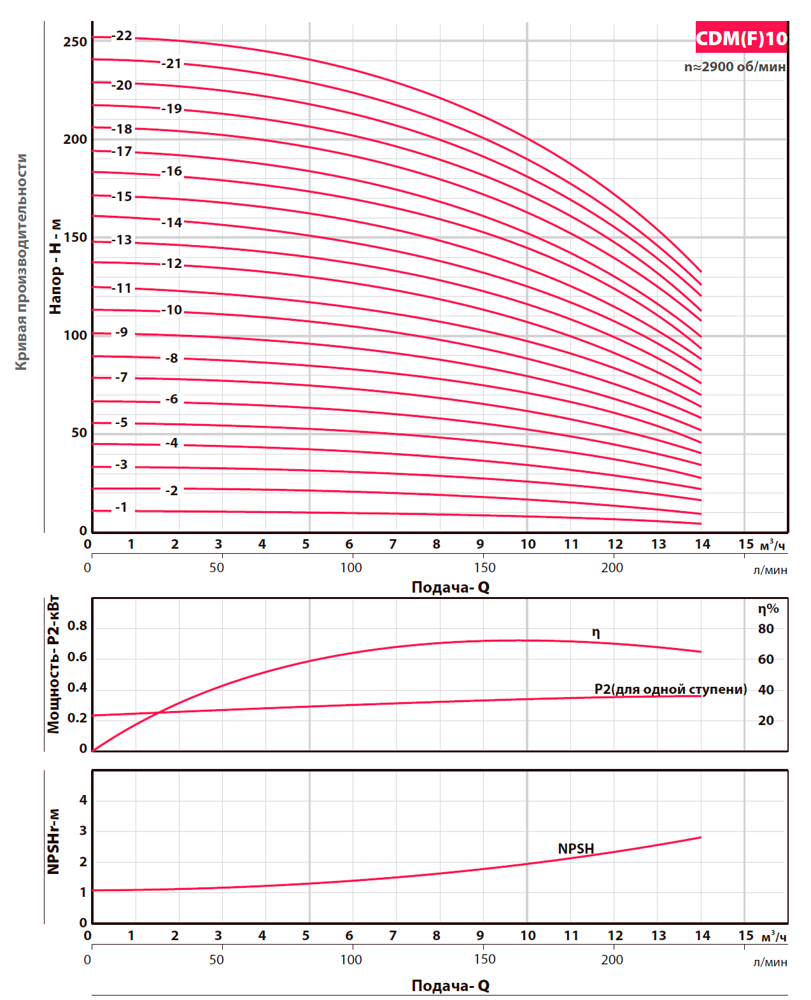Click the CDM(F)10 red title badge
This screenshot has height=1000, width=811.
tap(741, 38)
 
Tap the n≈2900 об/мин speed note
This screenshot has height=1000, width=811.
tap(735, 67)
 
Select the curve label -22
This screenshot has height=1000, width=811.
tap(122, 36)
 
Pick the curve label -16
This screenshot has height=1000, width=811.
tap(172, 171)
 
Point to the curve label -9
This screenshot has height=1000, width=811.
tap(121, 332)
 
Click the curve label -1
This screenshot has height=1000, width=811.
tap(121, 507)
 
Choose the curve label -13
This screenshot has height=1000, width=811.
tap(122, 240)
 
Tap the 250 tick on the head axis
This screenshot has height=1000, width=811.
tap(75, 42)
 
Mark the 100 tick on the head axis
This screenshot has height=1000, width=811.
tap(75, 335)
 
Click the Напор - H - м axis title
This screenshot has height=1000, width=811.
tap(56, 266)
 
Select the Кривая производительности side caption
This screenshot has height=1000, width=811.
tap(22, 262)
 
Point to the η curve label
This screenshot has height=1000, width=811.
tap(596, 632)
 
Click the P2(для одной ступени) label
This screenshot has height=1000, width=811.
tap(670, 689)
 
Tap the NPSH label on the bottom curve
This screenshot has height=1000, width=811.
tap(575, 849)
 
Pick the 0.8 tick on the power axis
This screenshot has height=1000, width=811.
tap(77, 626)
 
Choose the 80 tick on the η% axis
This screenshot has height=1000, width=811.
tap(766, 629)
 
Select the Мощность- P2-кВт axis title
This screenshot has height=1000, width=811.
tap(53, 665)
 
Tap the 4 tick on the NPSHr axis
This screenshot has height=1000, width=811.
tap(83, 800)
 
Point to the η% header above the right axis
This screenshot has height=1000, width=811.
tap(768, 609)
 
